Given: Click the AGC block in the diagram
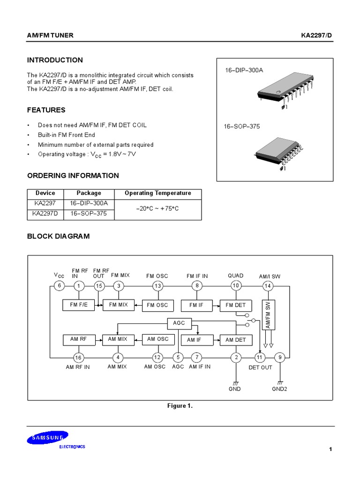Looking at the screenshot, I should pos(179,323).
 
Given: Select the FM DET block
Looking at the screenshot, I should pos(235,305).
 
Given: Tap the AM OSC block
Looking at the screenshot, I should pos(157,339).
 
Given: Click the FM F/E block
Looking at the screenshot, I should pos(79,305).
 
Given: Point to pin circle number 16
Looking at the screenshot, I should pos(79,358).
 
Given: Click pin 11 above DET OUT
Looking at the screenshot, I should pos(259,358).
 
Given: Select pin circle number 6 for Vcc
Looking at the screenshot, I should pos(59,286).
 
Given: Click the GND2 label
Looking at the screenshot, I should pos(279,389).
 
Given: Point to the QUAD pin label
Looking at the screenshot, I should pos(235,276).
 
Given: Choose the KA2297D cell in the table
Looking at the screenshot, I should pos(45,213).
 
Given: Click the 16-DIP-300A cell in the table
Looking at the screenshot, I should pos(89,203).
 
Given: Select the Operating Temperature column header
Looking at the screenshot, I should pos(157,193).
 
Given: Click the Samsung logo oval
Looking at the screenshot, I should pos(47,438).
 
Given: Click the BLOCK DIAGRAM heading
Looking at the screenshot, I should pos(58,236).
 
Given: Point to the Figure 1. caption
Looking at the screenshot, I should pos(180,406).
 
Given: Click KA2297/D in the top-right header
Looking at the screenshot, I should pos(316,36).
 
